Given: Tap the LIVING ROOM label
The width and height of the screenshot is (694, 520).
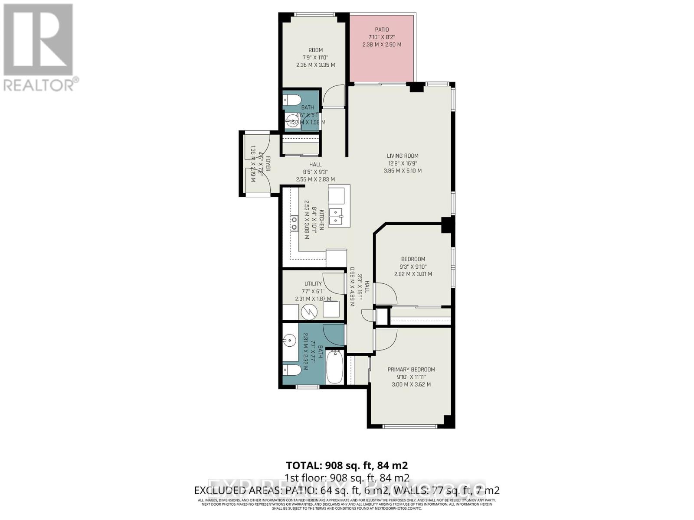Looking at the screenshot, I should point(403,156).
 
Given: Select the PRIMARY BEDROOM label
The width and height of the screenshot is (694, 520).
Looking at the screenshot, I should point(411,369).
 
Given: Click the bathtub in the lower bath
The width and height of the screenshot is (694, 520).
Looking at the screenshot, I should point(334,367).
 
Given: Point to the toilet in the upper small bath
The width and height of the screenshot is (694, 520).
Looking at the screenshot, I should point(292,100).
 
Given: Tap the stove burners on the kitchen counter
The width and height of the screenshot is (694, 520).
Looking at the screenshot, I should point(294,223).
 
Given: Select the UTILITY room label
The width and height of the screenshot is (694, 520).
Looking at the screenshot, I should point(313,284).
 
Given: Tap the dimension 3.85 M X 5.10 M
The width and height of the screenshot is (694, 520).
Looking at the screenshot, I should point(402,171).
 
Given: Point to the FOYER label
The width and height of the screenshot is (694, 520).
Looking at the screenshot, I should point(268,164).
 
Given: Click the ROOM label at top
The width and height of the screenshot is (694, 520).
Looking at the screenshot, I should point(315,50).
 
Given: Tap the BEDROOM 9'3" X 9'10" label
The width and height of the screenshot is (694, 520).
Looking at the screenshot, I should point(412,259).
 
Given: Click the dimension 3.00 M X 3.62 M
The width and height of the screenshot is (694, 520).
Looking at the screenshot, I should point(411,384).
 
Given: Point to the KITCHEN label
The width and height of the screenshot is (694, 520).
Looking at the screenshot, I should point(321,220).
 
